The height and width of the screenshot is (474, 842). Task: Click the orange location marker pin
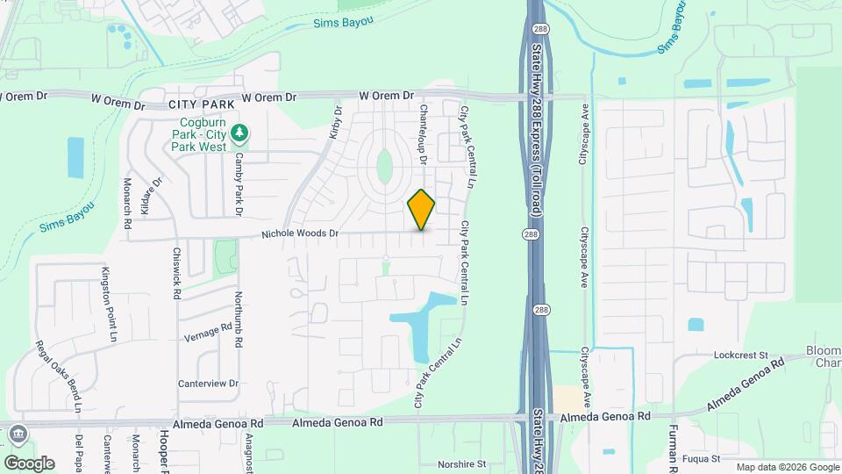click(422, 209)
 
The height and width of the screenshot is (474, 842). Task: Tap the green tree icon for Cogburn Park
click(239, 134)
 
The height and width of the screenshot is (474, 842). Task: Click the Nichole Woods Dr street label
click(299, 234)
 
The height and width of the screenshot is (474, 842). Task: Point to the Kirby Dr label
click(335, 123)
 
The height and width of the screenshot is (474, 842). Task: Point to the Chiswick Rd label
click(176, 273)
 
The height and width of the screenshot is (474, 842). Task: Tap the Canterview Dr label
click(208, 383)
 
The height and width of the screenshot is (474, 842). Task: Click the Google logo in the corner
click(28, 463)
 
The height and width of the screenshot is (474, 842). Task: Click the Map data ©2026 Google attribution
click(787, 467)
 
